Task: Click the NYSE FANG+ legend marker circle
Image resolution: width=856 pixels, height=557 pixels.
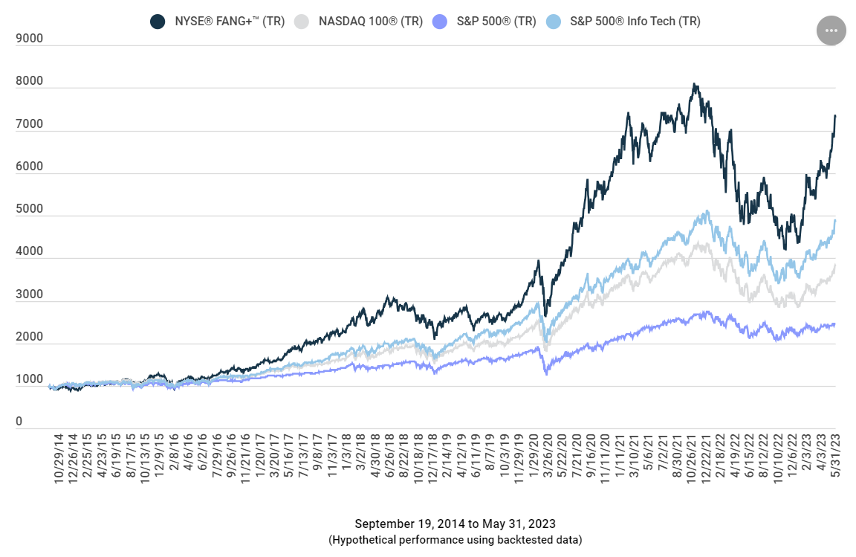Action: (158, 22)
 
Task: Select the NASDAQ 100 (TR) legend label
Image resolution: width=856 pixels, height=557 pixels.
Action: (371, 22)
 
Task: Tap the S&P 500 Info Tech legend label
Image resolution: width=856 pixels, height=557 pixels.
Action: (635, 22)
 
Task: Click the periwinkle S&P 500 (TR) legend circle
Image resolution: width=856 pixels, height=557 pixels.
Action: (439, 22)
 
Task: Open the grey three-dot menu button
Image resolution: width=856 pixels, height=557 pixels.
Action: (831, 30)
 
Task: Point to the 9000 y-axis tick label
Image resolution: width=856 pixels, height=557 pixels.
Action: (30, 38)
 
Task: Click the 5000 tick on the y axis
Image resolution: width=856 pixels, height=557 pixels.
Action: (30, 209)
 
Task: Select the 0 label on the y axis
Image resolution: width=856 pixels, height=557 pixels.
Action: (19, 422)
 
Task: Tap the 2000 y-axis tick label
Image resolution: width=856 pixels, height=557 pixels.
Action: (30, 337)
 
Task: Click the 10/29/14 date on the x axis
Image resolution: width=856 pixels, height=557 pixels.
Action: (59, 458)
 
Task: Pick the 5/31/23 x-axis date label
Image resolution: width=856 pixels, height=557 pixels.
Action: (835, 456)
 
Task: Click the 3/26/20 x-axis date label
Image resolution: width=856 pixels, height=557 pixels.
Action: (548, 456)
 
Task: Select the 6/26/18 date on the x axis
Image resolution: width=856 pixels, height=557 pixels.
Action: (390, 456)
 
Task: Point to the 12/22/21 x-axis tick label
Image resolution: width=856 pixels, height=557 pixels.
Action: (706, 458)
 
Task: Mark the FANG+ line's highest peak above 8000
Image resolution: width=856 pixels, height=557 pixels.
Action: (694, 83)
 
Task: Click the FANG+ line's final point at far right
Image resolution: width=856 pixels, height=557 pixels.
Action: (835, 115)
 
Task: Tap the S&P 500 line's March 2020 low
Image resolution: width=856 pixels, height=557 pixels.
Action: (546, 374)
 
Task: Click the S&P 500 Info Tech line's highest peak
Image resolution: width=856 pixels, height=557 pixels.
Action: (708, 211)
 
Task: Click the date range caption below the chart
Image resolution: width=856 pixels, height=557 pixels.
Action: (455, 524)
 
